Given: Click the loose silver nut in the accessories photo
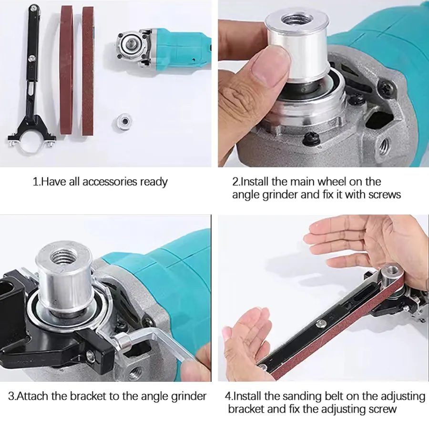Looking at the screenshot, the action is [123, 121].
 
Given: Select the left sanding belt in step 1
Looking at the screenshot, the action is [66, 70].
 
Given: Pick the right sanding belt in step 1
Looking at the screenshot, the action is [88, 71].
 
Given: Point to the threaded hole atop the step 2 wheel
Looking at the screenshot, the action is [297, 20].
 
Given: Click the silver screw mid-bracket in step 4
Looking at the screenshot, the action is [318, 325].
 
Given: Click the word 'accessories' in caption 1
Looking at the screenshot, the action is [110, 182].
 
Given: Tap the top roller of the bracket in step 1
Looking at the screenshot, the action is [34, 9].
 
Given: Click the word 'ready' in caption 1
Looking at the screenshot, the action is [154, 182].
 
